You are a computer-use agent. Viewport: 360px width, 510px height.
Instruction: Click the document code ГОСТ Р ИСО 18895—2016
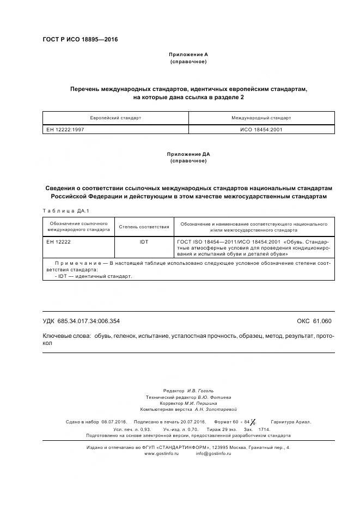coord(80,40)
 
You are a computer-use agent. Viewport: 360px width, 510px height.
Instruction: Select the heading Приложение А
coord(188,55)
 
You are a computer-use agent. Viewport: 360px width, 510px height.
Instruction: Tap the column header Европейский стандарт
coord(115,118)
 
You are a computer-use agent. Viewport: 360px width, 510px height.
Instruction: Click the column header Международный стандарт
coord(261,118)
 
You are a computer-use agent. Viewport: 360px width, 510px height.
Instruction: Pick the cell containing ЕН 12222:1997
coord(65,130)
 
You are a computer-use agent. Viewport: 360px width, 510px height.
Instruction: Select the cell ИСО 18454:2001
coord(261,130)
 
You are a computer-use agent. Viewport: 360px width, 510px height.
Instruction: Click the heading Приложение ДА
coord(188,154)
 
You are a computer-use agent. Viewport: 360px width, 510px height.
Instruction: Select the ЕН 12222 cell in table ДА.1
coord(58,241)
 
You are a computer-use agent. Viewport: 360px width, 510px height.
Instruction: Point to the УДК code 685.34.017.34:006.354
coord(89,321)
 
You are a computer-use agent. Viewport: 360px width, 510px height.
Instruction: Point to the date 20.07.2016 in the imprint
coord(192,422)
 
